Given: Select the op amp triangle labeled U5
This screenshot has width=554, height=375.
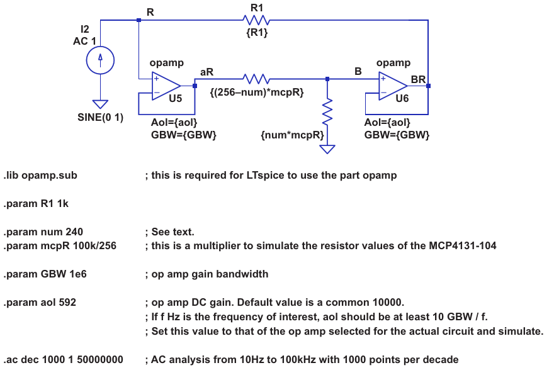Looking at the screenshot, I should [165, 86].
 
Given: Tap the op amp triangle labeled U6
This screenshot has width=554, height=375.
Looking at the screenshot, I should [392, 86].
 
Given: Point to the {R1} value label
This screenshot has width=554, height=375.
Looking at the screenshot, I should [257, 33].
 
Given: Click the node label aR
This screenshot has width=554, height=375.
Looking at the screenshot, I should [206, 72].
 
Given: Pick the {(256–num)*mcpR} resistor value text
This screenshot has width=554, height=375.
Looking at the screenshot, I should [257, 92].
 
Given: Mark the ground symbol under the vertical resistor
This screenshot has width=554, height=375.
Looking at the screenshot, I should [327, 149].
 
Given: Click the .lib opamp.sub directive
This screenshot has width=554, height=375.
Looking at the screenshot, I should [40, 175].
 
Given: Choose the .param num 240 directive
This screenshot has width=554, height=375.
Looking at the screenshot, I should [43, 232].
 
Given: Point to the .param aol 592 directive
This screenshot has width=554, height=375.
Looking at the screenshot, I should [40, 303].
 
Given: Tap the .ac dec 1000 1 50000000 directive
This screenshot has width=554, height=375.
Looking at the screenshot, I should [63, 360].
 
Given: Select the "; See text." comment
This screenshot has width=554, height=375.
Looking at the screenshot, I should [170, 232].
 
